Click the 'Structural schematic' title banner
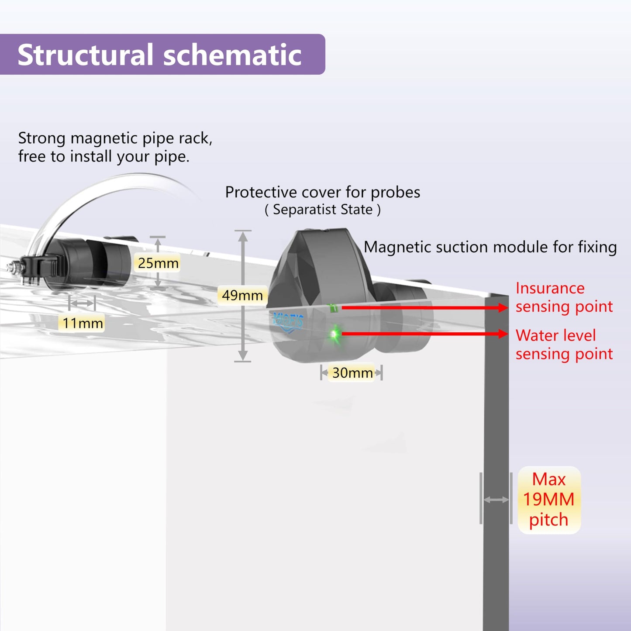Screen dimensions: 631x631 coord(162,54)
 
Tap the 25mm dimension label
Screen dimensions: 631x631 coord(158,263)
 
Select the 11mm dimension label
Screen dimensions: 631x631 coord(82,323)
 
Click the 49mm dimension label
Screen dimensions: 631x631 coord(242,295)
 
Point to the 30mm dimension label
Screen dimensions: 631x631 coord(352,372)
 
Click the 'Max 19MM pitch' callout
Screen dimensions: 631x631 coord(549,500)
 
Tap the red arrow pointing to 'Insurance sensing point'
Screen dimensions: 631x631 coord(425,308)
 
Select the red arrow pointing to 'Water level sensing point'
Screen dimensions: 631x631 coord(425,334)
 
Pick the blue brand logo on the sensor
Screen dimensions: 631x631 coord(288,322)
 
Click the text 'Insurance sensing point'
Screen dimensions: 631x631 coord(564,297)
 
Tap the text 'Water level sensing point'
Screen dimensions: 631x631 coord(564,345)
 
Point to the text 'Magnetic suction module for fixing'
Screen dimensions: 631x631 coord(490,247)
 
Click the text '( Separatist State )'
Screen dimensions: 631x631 coord(323,210)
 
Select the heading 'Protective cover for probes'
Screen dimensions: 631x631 coord(323,192)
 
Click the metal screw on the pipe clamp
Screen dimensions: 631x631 coord(14,267)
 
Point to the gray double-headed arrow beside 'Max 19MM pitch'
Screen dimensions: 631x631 coord(496,500)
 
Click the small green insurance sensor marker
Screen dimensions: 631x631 coord(333,308)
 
